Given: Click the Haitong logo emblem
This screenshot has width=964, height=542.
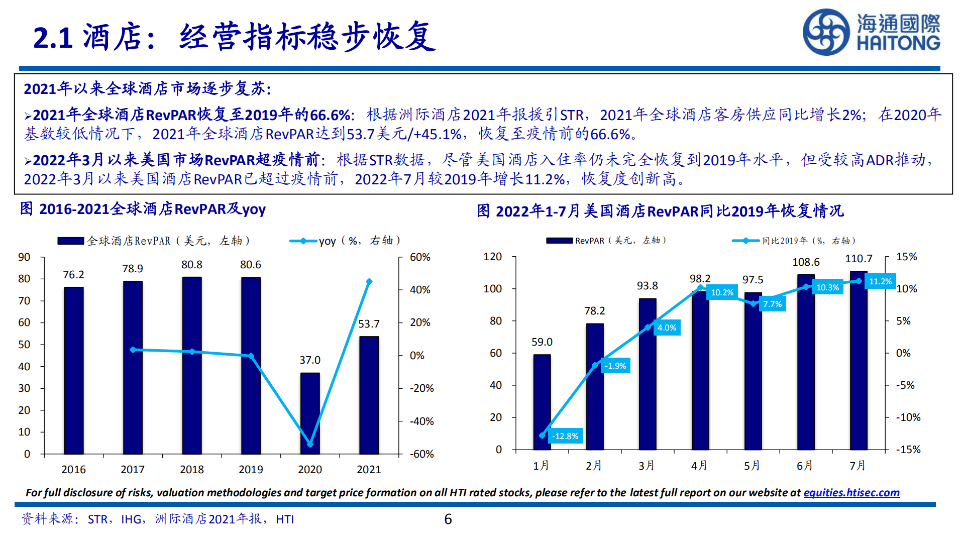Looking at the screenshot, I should tap(826, 32).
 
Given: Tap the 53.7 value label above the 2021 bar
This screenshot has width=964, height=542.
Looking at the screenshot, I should tap(369, 324).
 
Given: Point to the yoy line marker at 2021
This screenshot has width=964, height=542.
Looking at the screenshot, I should tap(369, 282).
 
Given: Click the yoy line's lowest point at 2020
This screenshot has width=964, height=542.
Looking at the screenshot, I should tap(310, 444).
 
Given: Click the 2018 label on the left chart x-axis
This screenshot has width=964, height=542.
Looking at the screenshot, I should tap(192, 469).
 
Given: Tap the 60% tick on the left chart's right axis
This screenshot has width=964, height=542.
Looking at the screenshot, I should tap(420, 257).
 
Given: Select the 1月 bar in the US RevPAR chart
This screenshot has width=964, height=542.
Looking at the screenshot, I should tap(542, 402).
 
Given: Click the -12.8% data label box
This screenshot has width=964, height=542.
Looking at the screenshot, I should tap(565, 436).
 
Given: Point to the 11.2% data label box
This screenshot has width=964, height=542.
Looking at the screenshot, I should tap(880, 281).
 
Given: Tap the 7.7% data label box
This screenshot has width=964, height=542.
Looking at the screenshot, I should tap(772, 304).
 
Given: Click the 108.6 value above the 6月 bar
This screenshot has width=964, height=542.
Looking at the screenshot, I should tap(806, 262).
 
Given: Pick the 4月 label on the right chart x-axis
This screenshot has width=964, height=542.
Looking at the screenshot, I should tap(699, 466).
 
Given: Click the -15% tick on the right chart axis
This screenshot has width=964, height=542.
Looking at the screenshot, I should tap(908, 450).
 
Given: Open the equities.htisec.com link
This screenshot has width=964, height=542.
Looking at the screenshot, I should tap(851, 493).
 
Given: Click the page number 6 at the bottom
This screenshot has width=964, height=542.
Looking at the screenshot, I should tap(448, 519).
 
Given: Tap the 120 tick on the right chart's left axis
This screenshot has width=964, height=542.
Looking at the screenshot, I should tap(492, 257).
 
